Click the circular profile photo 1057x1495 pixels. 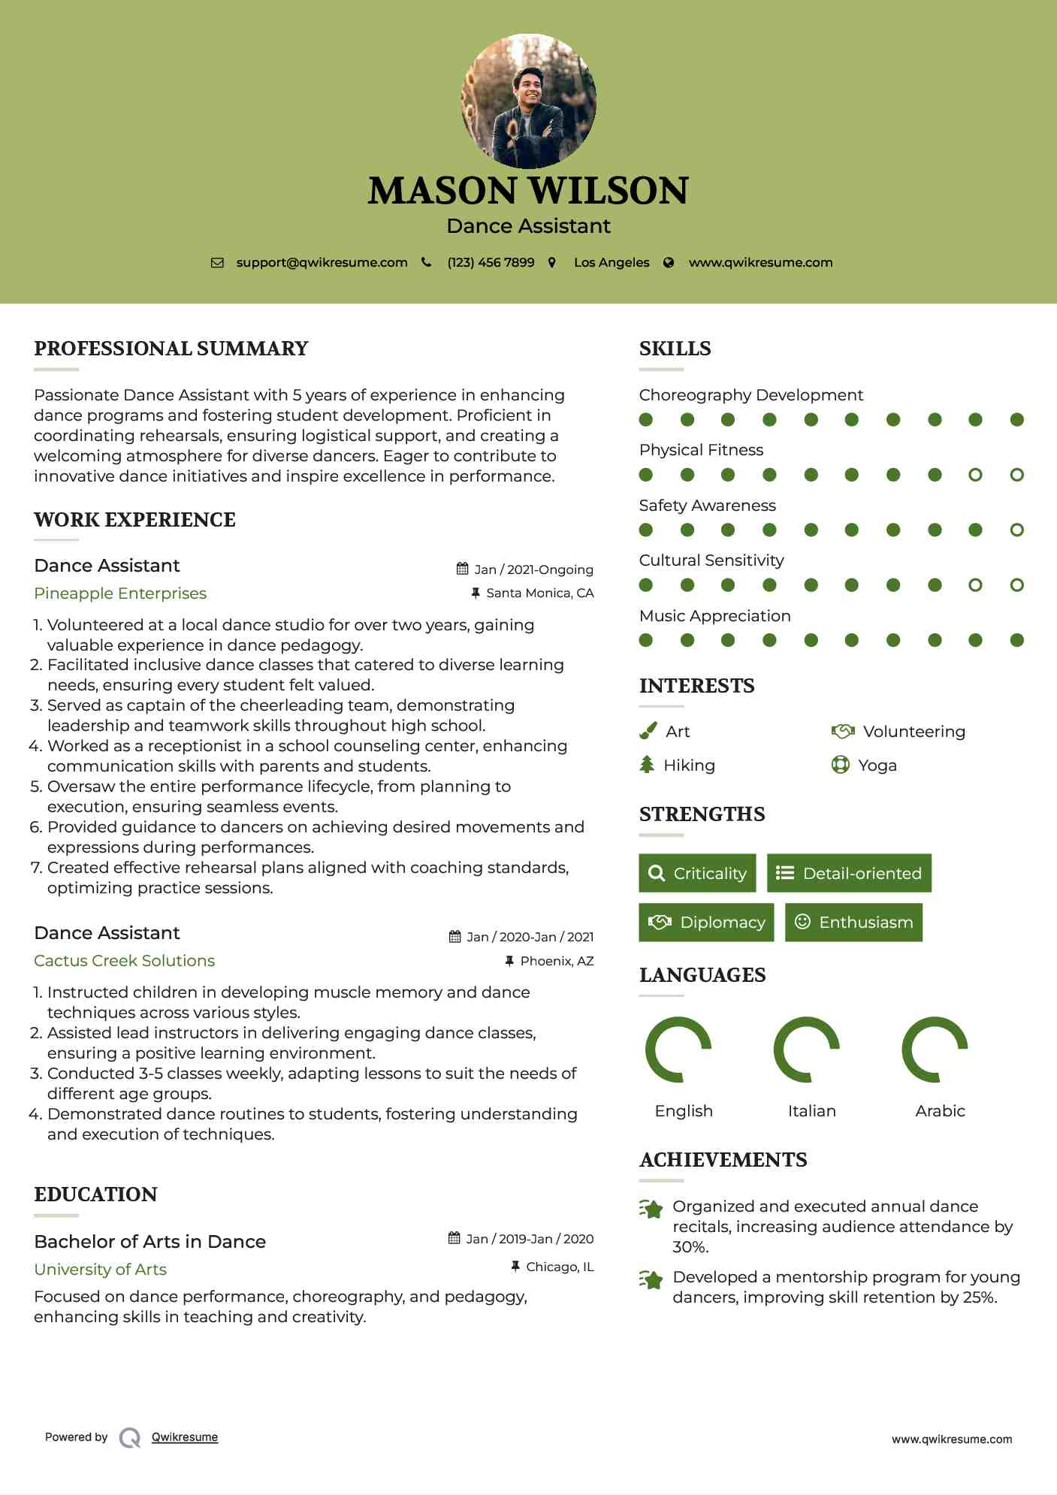point(528,101)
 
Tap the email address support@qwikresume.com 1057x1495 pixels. point(322,263)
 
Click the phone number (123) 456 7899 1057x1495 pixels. point(491,263)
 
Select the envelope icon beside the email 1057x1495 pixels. point(217,263)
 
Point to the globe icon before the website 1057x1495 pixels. point(669,263)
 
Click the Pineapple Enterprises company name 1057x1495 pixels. point(120,593)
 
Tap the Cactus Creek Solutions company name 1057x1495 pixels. point(124,961)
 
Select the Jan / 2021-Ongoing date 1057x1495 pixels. point(533,569)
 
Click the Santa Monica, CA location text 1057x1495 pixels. point(539,593)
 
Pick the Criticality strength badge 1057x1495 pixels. point(697,873)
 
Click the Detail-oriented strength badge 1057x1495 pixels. point(849,873)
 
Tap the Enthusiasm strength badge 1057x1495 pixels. point(853,923)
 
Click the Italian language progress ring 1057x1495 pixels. point(806,1050)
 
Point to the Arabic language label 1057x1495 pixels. point(940,1111)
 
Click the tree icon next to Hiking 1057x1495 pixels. point(647,765)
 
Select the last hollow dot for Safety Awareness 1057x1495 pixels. point(1016,530)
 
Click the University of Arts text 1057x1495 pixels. point(100,1270)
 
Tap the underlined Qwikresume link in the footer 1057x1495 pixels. point(185,1437)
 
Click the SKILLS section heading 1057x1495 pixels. point(675,349)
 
